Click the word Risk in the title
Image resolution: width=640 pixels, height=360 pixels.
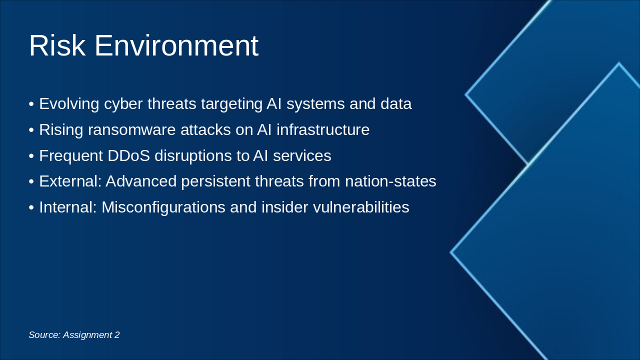57,45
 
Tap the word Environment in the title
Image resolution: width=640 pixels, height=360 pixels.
176,45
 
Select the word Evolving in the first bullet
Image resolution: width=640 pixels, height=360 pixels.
69,103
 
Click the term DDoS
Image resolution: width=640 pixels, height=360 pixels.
128,155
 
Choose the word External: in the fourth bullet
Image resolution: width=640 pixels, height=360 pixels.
70,181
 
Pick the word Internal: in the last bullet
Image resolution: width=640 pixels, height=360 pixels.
68,207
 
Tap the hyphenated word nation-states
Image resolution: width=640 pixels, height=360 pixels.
390,181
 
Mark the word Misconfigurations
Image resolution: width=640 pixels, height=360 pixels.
163,207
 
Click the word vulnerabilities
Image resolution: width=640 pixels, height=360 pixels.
361,207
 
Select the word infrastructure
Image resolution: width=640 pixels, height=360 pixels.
323,129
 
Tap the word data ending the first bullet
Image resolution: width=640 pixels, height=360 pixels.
396,103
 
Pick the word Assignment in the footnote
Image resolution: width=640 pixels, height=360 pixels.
87,335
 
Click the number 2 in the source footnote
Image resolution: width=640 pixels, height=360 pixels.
117,334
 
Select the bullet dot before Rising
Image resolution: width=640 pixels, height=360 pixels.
31,130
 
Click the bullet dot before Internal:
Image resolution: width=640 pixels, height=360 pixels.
31,207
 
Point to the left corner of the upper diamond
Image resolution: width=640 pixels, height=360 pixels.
465,94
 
